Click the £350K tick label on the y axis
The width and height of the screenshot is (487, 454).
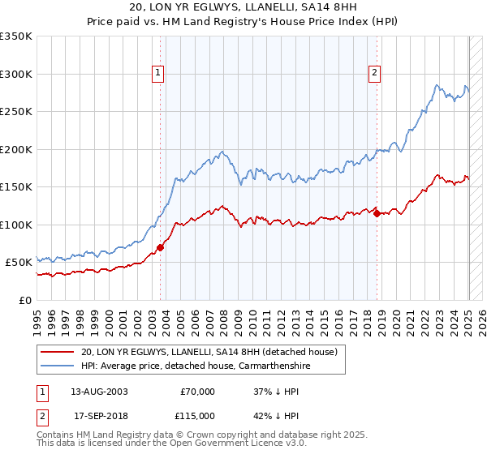tap(16, 36)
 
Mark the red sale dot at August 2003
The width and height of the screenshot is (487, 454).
tap(160, 247)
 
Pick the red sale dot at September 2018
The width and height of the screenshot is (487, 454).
tap(377, 213)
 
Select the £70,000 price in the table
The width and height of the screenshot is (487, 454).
tap(196, 391)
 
